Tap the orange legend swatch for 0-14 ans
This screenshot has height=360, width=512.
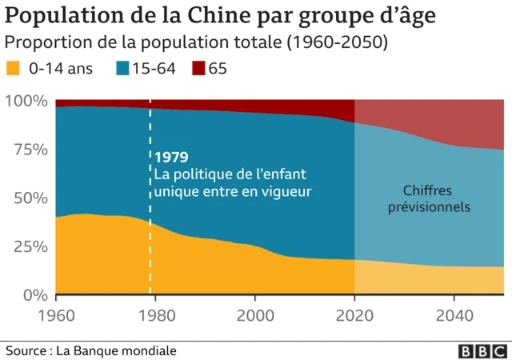tap(14, 69)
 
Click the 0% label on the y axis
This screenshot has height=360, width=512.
tap(34, 294)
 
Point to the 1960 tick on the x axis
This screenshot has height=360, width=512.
tap(55, 314)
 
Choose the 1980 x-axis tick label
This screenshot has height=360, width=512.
tap(154, 314)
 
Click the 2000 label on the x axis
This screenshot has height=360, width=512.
tap(254, 314)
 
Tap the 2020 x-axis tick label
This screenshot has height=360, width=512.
tap(354, 314)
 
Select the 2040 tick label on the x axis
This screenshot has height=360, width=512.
tap(454, 314)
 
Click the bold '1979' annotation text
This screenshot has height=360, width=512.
tap(170, 158)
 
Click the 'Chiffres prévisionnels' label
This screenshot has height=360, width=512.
tap(429, 199)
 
